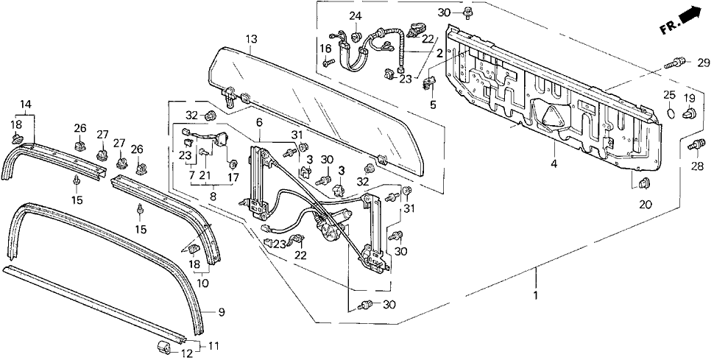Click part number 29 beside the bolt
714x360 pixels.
pyautogui.click(x=702, y=62)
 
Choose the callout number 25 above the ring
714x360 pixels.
pyautogui.click(x=668, y=96)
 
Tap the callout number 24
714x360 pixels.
pyautogui.click(x=356, y=16)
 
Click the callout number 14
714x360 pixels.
pyautogui.click(x=26, y=104)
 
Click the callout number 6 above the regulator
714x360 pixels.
pyautogui.click(x=259, y=121)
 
